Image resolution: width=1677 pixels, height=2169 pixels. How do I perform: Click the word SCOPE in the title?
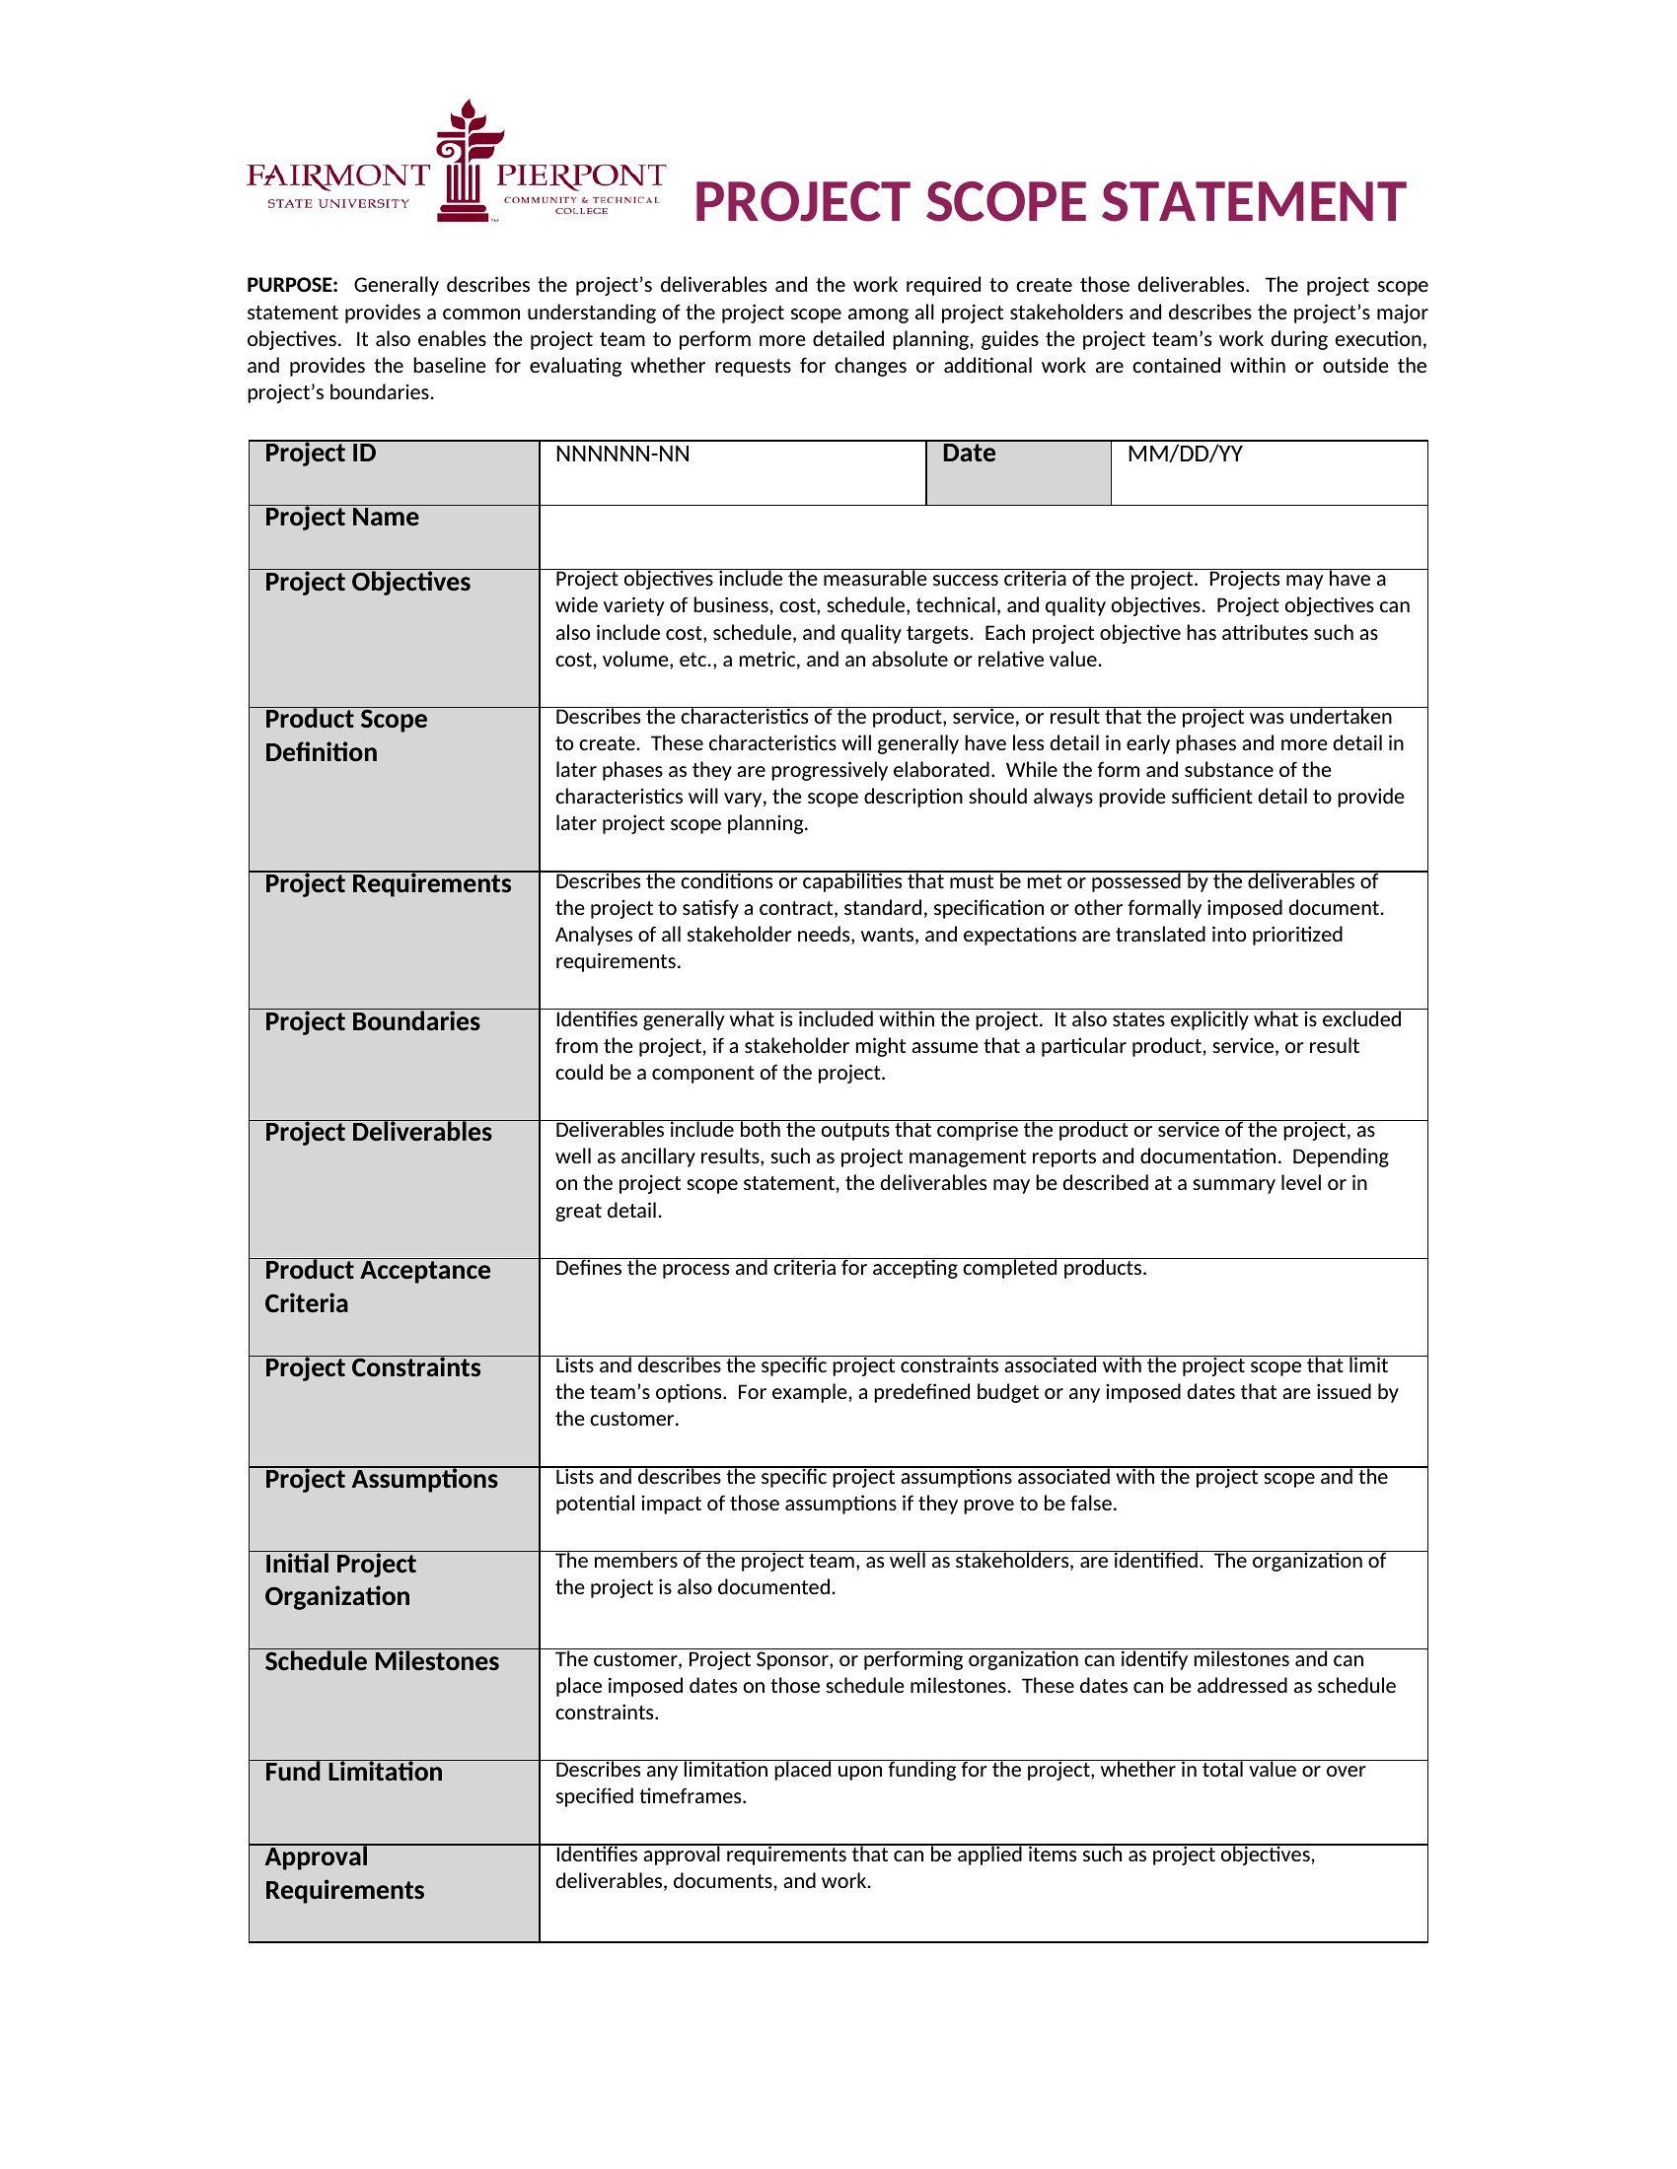(x=1004, y=202)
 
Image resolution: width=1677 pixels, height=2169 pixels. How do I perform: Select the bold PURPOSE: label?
(x=292, y=286)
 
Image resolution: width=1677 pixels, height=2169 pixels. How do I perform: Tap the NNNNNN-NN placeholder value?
(x=621, y=455)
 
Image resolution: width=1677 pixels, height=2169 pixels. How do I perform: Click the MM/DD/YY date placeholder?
(x=1184, y=455)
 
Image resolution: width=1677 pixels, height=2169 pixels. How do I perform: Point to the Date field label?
(x=968, y=454)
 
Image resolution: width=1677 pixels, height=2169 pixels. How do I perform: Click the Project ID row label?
(x=320, y=454)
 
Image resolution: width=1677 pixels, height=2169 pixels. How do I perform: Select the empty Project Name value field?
(x=983, y=536)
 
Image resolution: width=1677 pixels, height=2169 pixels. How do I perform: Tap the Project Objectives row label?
(x=367, y=582)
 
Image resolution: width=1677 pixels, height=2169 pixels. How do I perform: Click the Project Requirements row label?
(x=388, y=884)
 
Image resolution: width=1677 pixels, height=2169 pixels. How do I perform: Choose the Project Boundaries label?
(x=372, y=1022)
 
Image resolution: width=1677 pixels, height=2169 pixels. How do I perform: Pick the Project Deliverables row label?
(x=378, y=1132)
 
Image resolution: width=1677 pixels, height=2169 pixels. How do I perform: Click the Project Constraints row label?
(x=372, y=1367)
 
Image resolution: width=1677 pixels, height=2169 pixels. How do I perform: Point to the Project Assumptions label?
(x=381, y=1479)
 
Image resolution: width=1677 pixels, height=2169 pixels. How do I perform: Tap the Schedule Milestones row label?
(x=382, y=1661)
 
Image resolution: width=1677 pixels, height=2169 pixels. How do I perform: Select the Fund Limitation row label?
(x=353, y=1772)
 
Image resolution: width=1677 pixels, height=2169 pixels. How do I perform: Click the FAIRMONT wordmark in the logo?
(x=337, y=176)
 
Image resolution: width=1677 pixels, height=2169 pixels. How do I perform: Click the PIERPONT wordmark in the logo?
(x=580, y=176)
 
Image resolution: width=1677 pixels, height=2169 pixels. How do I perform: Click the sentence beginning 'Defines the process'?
(x=850, y=1268)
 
